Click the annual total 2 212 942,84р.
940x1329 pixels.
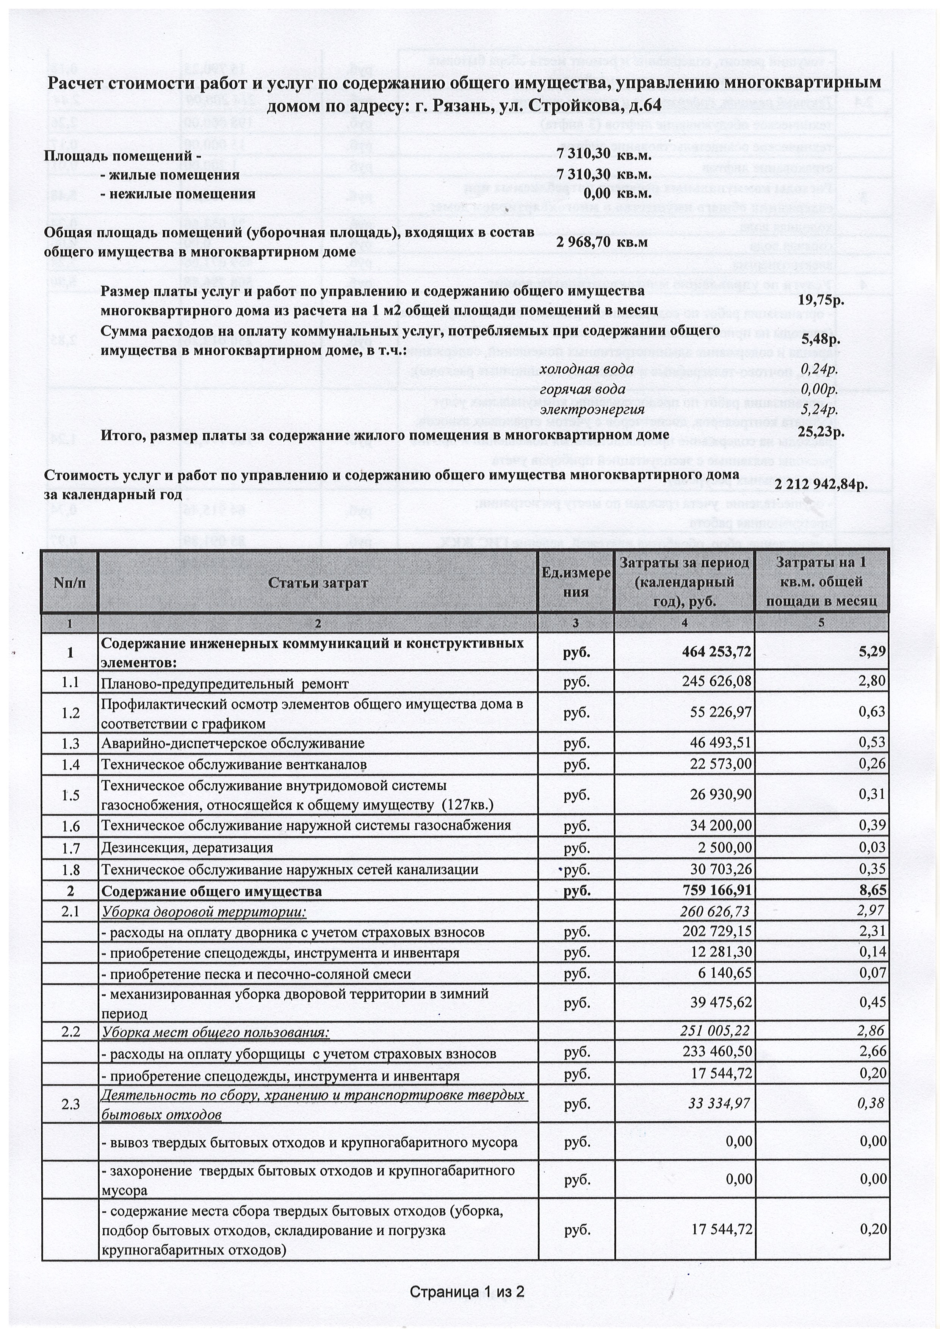click(x=820, y=484)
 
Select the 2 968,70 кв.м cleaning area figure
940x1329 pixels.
click(x=602, y=242)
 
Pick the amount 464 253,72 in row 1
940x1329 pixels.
click(x=716, y=652)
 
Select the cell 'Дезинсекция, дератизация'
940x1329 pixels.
click(x=187, y=848)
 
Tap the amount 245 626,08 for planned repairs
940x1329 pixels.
click(x=716, y=682)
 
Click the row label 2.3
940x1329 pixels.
click(x=70, y=1104)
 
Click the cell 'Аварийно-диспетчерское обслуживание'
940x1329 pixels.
click(x=233, y=743)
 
